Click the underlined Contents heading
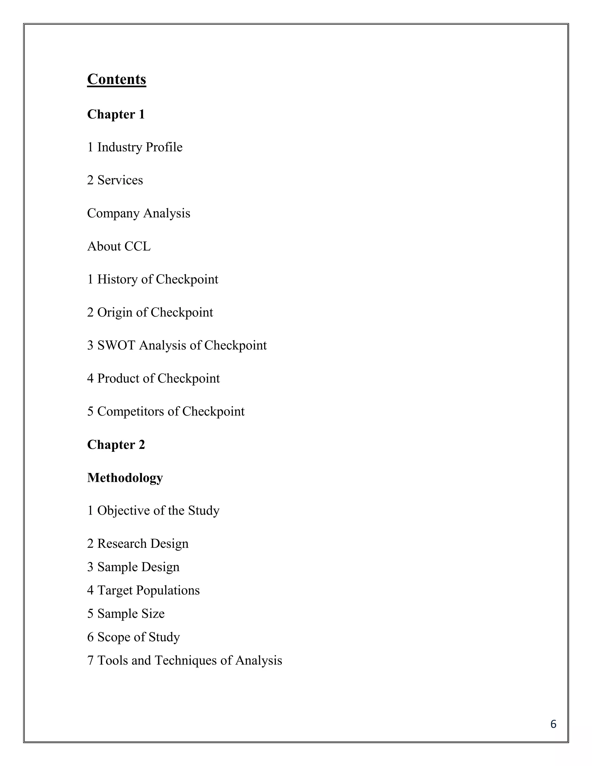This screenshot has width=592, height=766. [116, 79]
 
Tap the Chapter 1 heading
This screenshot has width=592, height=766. [116, 114]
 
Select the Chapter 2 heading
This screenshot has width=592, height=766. [116, 445]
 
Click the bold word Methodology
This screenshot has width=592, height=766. [125, 478]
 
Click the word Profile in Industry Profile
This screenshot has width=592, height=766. [164, 147]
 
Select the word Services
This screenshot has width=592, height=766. [120, 180]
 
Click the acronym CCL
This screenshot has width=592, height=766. [138, 246]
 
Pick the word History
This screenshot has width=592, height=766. [117, 280]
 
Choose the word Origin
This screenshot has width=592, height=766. [115, 312]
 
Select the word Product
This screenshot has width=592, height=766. [118, 378]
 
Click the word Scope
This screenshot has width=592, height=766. [114, 637]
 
